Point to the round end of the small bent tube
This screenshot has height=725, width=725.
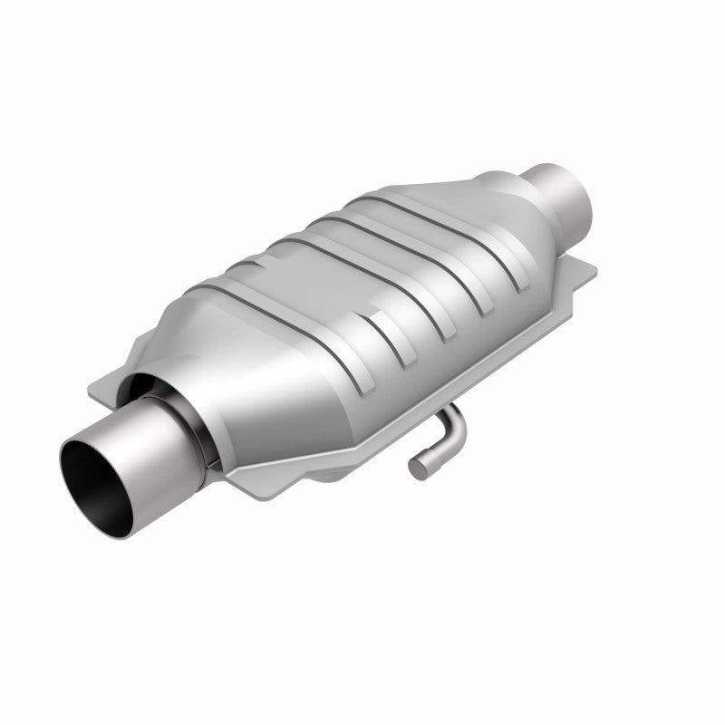tap(416, 469)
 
